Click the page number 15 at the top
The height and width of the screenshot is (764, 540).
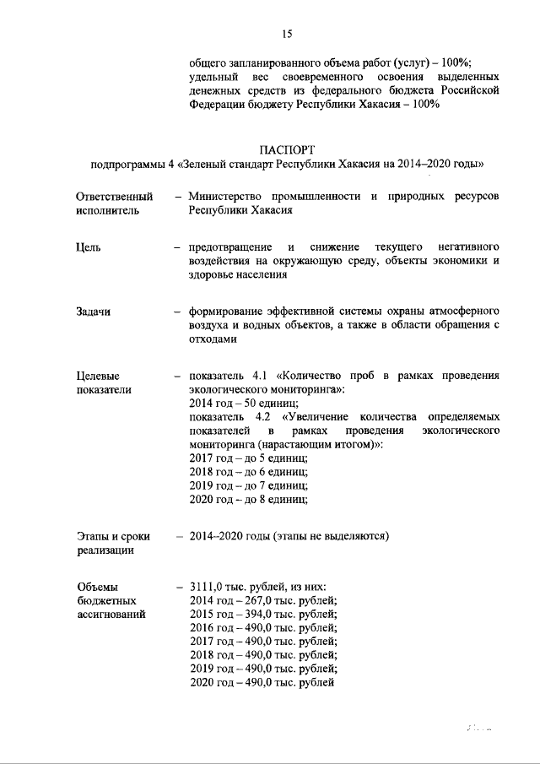286,34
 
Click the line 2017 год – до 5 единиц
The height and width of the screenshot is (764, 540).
248,458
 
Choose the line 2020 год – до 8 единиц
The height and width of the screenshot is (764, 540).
248,499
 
